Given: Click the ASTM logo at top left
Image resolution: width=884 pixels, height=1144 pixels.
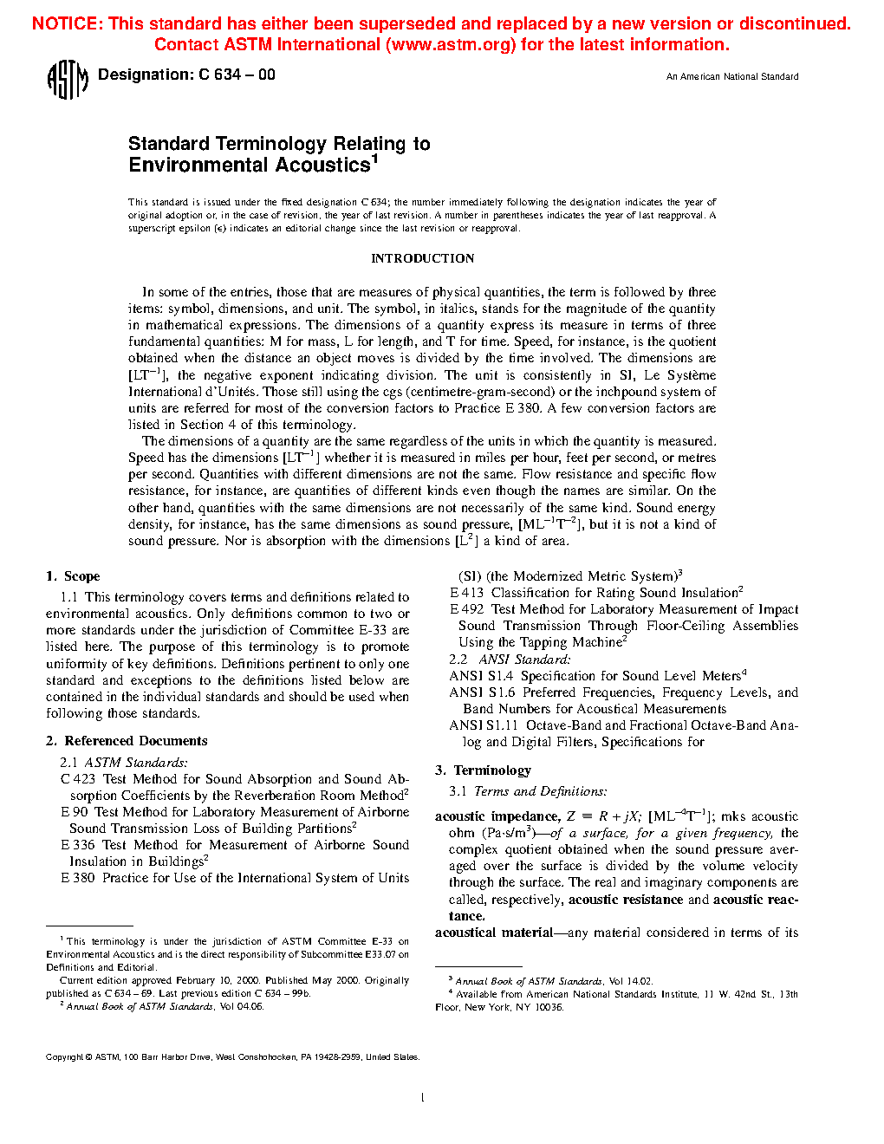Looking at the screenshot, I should (x=68, y=80).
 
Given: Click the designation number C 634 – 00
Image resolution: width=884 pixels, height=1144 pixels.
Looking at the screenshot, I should (x=237, y=75).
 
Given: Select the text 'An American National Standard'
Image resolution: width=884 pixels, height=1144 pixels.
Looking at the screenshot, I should (x=732, y=77).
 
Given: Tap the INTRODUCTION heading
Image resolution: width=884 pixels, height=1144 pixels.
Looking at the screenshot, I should (x=422, y=258).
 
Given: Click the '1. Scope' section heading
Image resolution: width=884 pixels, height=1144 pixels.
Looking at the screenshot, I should (x=73, y=576).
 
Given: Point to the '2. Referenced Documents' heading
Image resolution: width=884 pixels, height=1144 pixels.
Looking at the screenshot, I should (x=127, y=741).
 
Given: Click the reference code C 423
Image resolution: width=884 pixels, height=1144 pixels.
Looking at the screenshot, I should (x=78, y=779).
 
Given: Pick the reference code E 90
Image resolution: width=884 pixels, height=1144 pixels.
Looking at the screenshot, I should (x=75, y=812).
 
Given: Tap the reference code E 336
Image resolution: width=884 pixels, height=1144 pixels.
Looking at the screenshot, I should (x=78, y=845).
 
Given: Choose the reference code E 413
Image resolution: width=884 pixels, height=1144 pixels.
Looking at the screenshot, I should (x=466, y=593).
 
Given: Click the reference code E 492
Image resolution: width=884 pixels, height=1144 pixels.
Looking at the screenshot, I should (x=466, y=609).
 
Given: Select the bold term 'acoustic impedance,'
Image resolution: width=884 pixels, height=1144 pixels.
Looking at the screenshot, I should (x=497, y=816).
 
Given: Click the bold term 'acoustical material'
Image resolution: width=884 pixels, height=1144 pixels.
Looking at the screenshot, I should (x=494, y=933).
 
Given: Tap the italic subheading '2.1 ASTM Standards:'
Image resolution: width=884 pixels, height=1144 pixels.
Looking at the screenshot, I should (x=124, y=763).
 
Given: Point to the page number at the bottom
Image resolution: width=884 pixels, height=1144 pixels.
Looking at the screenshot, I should (x=422, y=1098).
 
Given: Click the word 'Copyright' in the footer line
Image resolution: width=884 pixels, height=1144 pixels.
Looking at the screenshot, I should (x=64, y=1057).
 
